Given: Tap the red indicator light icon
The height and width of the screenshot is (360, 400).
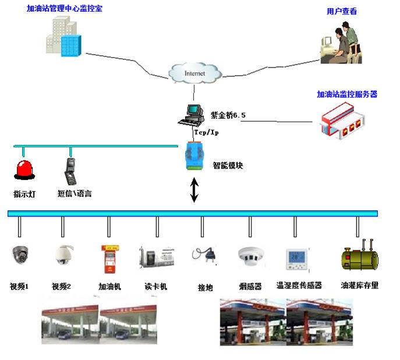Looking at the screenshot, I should coord(24,170).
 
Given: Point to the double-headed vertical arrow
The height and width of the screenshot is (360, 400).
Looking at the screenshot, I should coord(194,191).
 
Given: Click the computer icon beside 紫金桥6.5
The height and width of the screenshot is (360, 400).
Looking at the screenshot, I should coord(191,115).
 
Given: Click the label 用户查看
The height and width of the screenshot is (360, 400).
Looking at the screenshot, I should coord(342,11).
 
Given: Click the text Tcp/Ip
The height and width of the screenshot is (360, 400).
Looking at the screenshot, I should coord(207,132).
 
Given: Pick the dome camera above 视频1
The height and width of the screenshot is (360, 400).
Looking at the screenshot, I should coord(20,255).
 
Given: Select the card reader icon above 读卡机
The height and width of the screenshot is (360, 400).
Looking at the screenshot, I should coord(156,256).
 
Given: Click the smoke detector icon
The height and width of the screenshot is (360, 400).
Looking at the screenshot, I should coord(250,255).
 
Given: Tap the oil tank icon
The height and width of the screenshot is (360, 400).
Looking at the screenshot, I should coord(359,257).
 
